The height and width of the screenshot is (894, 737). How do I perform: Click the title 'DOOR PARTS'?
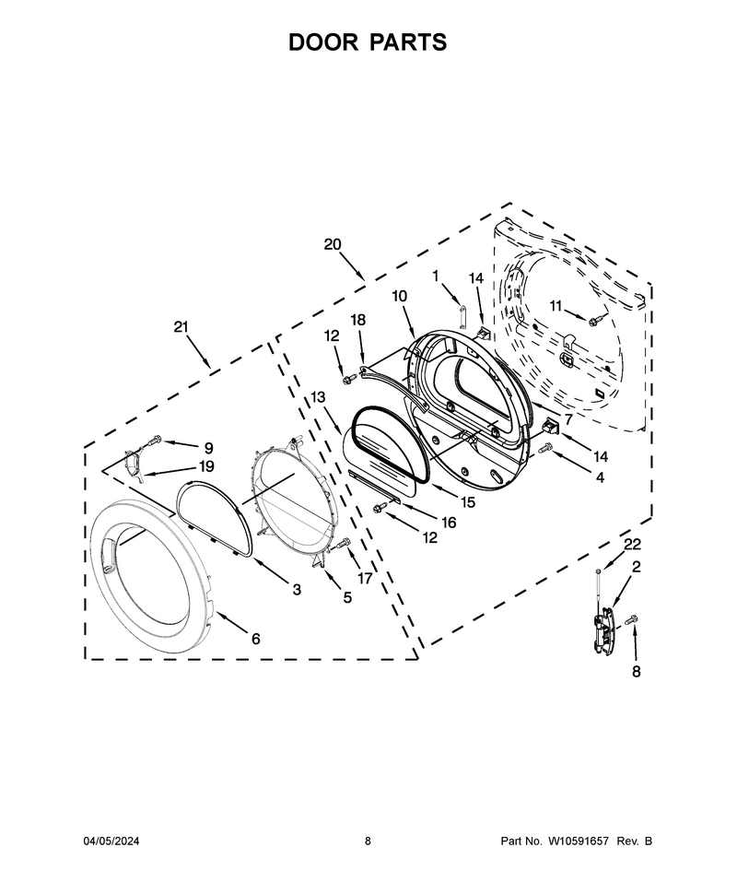368,42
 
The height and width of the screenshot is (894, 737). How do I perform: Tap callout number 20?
333,244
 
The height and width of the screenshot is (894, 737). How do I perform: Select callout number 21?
181,327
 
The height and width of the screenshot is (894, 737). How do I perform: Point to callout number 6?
256,639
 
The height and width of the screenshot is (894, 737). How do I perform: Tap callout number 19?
205,466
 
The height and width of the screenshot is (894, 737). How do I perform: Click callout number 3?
297,590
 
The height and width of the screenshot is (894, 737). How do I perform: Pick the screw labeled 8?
632,619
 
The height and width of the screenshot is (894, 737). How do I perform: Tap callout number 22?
632,545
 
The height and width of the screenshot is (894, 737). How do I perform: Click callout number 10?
400,297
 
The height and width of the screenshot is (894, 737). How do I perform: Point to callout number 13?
318,396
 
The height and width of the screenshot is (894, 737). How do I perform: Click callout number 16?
449,523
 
